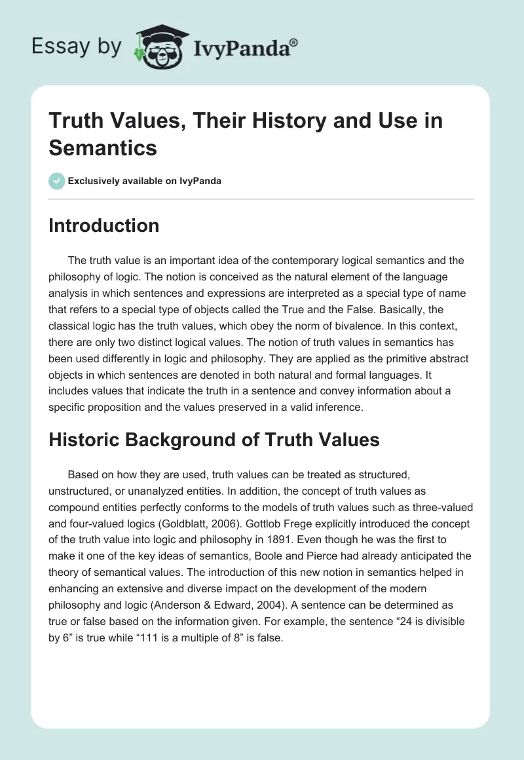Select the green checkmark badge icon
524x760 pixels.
click(x=56, y=181)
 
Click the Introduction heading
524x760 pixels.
click(x=104, y=225)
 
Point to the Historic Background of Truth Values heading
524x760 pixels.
click(x=214, y=440)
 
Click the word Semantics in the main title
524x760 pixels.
click(x=103, y=147)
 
